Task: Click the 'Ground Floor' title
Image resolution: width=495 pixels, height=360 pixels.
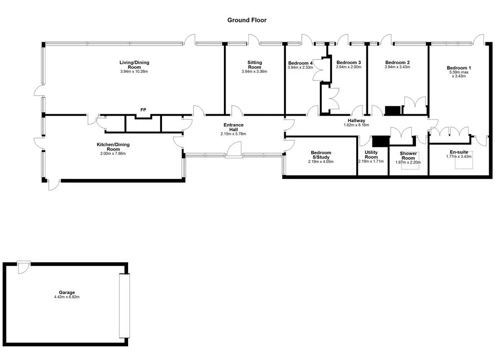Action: (247, 20)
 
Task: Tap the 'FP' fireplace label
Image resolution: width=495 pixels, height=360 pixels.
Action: (143, 110)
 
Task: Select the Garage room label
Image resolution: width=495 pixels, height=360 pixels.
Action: (67, 293)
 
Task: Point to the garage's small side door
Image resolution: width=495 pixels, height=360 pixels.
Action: (24, 267)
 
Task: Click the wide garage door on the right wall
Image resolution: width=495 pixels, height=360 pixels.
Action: (124, 306)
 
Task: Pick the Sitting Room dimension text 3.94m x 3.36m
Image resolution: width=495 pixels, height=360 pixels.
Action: (254, 72)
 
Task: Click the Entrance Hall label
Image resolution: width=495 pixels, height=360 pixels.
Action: (234, 127)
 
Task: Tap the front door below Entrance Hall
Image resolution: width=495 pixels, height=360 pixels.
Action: (234, 150)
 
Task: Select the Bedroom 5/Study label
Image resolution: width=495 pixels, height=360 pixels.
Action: (321, 155)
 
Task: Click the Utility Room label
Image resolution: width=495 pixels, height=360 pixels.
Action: (371, 154)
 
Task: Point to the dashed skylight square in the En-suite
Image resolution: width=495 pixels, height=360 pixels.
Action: (463, 161)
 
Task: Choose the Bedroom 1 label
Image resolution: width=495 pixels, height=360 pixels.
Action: (459, 68)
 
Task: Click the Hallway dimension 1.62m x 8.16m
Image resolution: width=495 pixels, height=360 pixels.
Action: (357, 125)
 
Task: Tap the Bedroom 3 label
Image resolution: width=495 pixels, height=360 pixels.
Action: (349, 63)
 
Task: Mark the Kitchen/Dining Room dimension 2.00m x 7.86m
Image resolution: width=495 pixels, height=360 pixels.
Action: (113, 154)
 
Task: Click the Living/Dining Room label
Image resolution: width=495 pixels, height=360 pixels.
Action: (134, 65)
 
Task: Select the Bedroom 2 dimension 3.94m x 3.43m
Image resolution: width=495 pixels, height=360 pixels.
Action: (397, 67)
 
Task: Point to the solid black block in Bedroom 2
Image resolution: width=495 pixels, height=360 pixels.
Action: (393, 111)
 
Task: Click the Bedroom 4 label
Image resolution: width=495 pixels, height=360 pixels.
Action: (300, 63)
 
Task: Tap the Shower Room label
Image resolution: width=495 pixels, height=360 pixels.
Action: (408, 156)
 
